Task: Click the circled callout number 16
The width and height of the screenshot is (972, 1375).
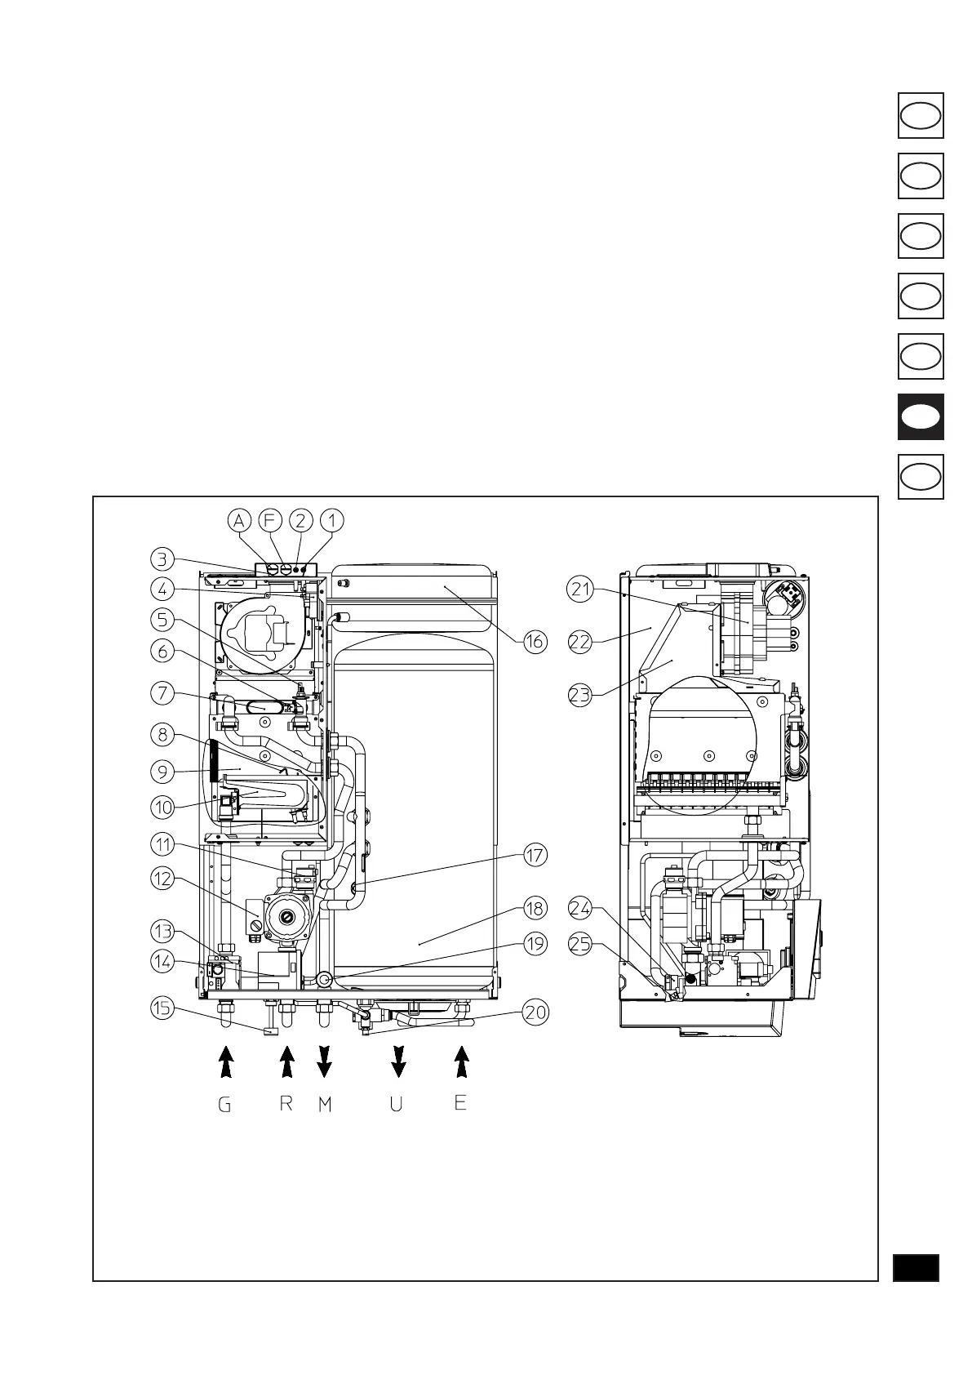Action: click(x=535, y=642)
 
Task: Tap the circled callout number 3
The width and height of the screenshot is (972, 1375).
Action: click(x=162, y=559)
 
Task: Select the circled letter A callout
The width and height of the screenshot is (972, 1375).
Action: click(x=238, y=519)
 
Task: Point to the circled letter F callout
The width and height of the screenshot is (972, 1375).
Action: click(x=269, y=519)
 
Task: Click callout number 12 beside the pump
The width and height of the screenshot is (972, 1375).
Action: click(x=162, y=879)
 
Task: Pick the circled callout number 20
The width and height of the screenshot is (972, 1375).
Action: click(x=535, y=1013)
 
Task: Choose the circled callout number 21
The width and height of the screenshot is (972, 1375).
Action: click(x=580, y=590)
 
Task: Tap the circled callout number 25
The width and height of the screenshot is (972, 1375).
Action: click(x=580, y=944)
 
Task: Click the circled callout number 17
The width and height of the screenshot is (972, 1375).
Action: click(x=535, y=856)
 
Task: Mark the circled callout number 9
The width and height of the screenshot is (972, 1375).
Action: click(x=162, y=770)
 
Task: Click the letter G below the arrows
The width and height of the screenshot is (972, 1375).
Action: click(x=224, y=1106)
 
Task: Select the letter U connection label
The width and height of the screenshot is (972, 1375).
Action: click(x=397, y=1106)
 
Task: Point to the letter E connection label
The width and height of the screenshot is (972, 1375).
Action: click(x=460, y=1103)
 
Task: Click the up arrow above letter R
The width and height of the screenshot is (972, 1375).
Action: click(x=286, y=1063)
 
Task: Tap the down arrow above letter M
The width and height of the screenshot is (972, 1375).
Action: click(x=325, y=1063)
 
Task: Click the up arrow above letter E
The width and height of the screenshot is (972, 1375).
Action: click(x=462, y=1063)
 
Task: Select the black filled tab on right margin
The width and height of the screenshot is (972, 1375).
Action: click(x=921, y=417)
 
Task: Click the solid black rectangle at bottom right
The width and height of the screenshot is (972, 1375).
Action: click(x=916, y=1268)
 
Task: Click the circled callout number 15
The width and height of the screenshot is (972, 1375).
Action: click(x=162, y=1008)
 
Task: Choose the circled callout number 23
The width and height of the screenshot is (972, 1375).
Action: click(x=580, y=696)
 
